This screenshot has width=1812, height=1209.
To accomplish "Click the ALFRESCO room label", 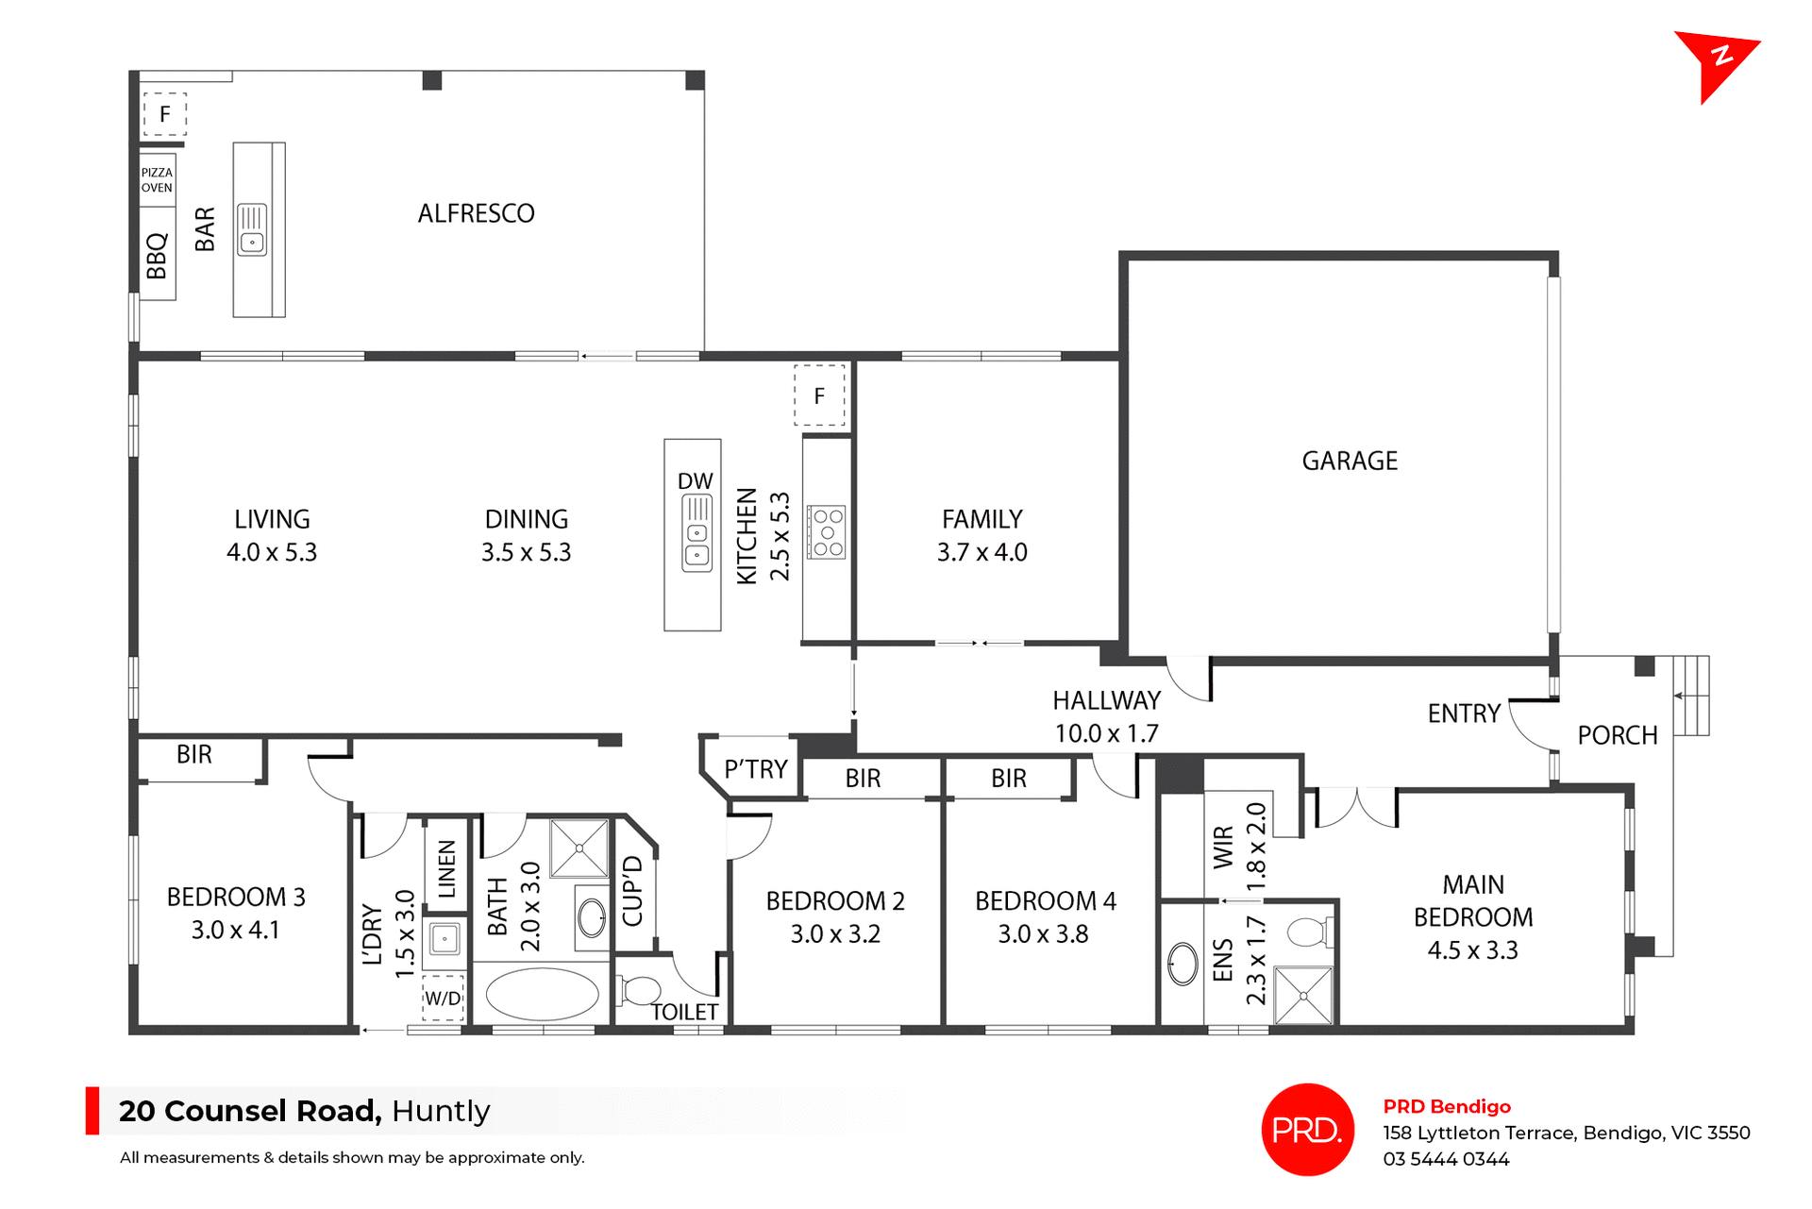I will [x=476, y=213].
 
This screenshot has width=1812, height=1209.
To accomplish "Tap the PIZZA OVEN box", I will [x=157, y=179].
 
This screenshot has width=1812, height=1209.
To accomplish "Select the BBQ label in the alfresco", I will [x=157, y=255].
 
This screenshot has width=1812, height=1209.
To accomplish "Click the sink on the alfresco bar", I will [x=252, y=230].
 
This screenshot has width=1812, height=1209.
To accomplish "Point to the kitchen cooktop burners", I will [x=827, y=532].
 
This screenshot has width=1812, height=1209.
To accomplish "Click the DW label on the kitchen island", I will [x=695, y=480].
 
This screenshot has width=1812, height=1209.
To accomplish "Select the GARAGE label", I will [x=1350, y=461].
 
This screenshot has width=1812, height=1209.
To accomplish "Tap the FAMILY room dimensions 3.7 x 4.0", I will [x=981, y=552].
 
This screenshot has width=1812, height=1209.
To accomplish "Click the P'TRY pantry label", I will [x=755, y=769].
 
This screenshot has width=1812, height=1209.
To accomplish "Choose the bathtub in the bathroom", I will [x=542, y=994].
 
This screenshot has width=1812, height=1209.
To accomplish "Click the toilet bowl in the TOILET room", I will [x=642, y=990].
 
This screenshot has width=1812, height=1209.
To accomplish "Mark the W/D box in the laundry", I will [x=443, y=998].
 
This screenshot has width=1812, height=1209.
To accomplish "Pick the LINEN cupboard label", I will [x=446, y=868].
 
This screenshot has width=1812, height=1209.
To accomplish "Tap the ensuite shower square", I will [x=1303, y=995].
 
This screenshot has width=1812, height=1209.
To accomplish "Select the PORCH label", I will [x=1617, y=735].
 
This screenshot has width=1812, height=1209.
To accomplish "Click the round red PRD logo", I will [x=1307, y=1129].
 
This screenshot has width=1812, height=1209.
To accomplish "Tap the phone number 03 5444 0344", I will [x=1446, y=1159].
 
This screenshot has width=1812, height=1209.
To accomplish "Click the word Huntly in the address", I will [x=441, y=1111].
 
